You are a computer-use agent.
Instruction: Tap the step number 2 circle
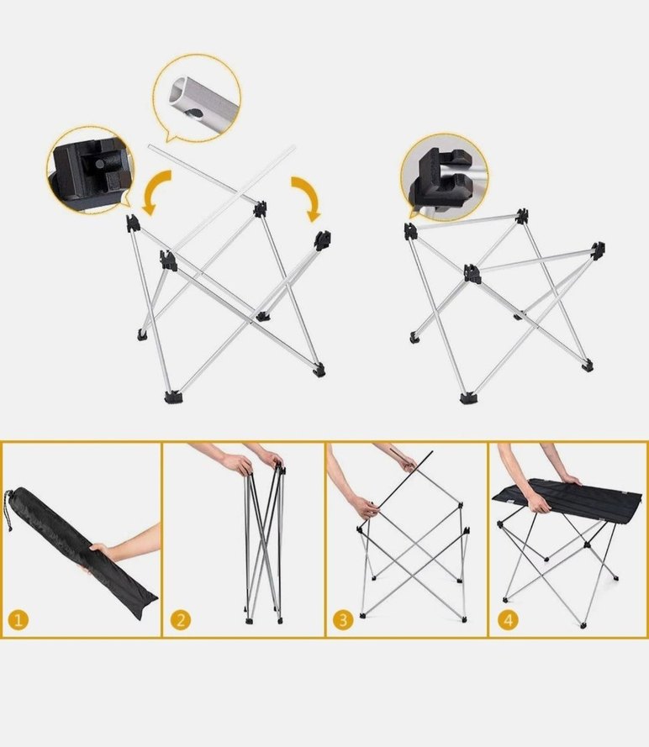[x=180, y=620]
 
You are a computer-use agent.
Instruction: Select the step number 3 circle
[x=342, y=620]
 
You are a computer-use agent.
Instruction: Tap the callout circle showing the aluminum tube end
[x=197, y=98]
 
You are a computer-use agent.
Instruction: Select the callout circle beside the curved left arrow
[x=89, y=169]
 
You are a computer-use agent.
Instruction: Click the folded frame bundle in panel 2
[x=262, y=538]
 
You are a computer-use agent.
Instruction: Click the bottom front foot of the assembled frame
[x=466, y=396]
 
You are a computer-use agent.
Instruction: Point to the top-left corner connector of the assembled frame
[x=410, y=230]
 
